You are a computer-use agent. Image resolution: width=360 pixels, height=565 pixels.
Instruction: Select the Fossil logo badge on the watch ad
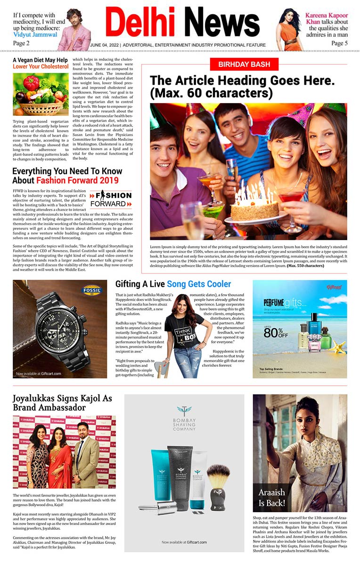(x=92, y=289)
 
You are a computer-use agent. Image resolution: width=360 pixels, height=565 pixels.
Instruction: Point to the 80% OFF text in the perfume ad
(x=276, y=332)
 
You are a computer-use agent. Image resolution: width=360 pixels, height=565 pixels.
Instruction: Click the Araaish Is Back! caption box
(x=271, y=497)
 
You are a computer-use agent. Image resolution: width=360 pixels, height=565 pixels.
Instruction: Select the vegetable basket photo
(x=41, y=94)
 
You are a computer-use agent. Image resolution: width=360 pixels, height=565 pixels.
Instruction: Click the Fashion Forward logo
(x=110, y=199)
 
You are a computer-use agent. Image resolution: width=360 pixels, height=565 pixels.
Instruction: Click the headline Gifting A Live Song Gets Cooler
(x=173, y=284)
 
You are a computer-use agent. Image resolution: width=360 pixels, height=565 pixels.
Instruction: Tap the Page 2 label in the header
(x=21, y=43)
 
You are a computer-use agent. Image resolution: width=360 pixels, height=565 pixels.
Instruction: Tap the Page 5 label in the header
(x=339, y=43)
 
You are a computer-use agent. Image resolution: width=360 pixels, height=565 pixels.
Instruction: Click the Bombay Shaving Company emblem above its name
(x=184, y=411)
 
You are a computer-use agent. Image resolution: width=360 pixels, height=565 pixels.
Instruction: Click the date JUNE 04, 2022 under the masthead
(x=105, y=45)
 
